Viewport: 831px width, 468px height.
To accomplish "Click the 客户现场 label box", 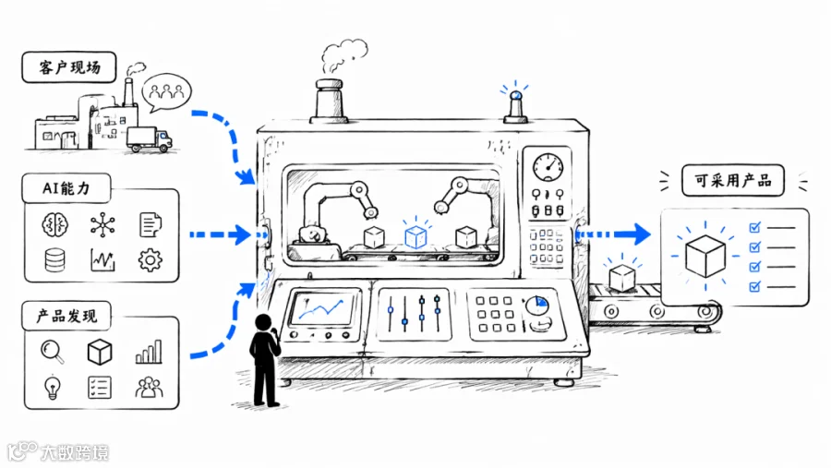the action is (69, 67).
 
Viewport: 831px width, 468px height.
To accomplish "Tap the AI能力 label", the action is (66, 188).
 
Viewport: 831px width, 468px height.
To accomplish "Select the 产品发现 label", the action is (66, 317).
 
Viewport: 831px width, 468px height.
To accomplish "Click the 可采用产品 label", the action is (732, 181).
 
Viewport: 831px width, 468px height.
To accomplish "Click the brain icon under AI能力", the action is (55, 224).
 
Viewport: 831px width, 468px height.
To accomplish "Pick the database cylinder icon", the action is (55, 260).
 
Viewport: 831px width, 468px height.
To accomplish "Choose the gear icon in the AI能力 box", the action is (150, 260).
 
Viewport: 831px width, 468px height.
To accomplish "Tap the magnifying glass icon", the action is (53, 352).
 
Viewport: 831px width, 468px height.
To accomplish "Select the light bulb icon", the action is (52, 388).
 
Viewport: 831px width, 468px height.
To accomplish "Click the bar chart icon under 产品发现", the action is (149, 352).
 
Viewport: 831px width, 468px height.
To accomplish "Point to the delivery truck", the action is (150, 139).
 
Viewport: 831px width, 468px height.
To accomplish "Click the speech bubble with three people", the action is (166, 92).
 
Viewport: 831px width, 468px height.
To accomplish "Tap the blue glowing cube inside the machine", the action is (415, 237).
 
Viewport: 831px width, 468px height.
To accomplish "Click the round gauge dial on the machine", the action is (548, 167).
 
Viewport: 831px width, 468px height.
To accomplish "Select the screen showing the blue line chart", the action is (321, 309).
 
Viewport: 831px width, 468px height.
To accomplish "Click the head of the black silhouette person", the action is (263, 322).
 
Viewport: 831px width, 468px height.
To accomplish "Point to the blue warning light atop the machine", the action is (515, 96).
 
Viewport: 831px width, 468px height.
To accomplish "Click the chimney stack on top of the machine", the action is (330, 101).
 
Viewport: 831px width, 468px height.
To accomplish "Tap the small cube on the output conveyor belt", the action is (621, 278).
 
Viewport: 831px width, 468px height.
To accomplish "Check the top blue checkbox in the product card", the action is (754, 227).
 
